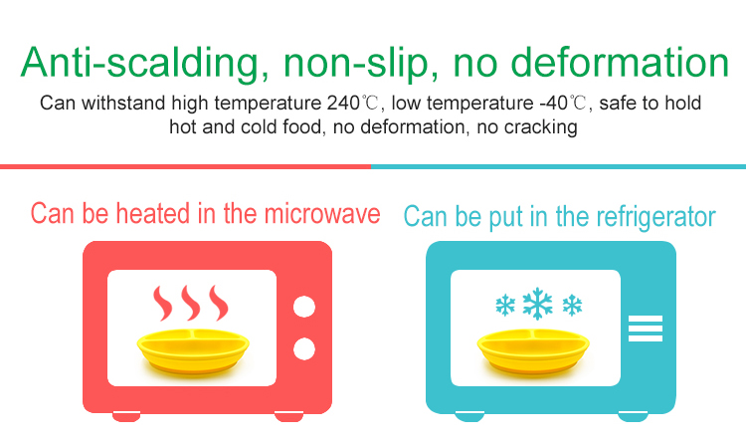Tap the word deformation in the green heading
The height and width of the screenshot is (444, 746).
tap(620, 62)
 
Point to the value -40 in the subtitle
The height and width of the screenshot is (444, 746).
tap(553, 103)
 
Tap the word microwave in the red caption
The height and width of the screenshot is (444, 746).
tap(322, 213)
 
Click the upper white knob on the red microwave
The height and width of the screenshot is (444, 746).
tap(304, 307)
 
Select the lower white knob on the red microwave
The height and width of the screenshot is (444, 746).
tap(304, 348)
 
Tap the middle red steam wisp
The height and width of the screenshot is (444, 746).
tap(191, 303)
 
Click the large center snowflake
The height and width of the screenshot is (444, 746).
tap(537, 304)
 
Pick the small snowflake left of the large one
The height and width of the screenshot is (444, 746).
tap(505, 305)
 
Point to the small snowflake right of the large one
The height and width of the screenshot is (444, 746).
tap(572, 305)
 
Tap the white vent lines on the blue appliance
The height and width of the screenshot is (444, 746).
tap(646, 329)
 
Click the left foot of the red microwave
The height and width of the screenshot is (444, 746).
tap(126, 416)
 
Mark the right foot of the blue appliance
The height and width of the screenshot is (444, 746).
tap(633, 416)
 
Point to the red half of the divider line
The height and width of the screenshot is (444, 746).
tap(186, 166)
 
